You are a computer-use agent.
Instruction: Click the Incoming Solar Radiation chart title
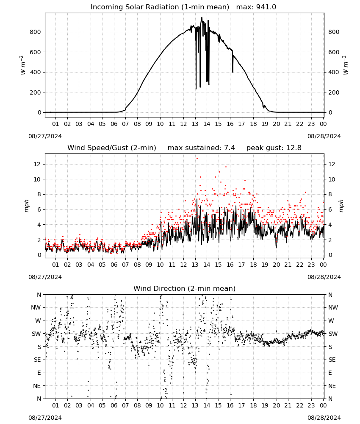coord(160,7)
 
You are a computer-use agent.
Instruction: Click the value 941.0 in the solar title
coord(266,7)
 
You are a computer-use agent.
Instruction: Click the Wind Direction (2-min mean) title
coord(185,288)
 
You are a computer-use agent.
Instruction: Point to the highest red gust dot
coord(197,158)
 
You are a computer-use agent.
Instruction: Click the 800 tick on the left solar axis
coord(36,32)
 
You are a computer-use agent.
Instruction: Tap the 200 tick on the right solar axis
coord(334,92)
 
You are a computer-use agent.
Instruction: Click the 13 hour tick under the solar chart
coord(195,124)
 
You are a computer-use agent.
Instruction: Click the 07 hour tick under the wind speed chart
coord(125,265)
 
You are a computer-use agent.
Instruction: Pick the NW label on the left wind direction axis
coord(36,308)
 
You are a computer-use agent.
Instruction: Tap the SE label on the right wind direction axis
coord(332,360)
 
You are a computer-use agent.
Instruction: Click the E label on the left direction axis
coord(39,373)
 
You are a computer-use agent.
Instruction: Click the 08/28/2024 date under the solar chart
coord(324,136)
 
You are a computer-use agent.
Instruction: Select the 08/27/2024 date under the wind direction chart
coord(45,418)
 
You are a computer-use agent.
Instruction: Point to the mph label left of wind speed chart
coord(26,206)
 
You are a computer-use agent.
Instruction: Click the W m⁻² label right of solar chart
coord(346,65)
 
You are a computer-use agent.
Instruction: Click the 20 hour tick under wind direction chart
coord(276,405)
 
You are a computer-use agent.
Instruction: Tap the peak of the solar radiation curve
coord(202,18)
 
